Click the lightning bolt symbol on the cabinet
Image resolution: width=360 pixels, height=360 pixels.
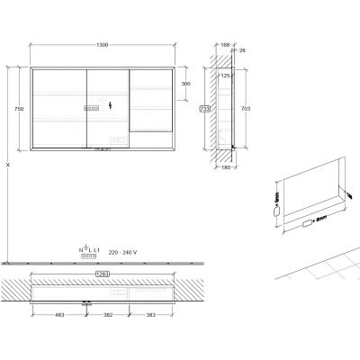[110, 106]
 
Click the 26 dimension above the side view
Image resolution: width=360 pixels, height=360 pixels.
[241, 51]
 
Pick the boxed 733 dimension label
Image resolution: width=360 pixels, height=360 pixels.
[205, 108]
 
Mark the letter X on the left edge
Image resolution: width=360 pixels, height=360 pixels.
[7, 165]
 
